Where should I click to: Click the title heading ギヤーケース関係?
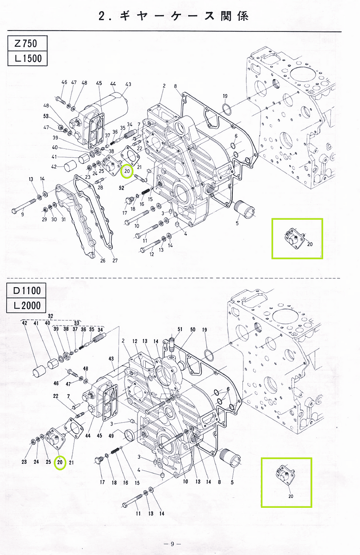[174, 16]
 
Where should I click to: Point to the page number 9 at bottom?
[172, 544]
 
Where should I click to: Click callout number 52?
[122, 188]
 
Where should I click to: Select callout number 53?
[46, 116]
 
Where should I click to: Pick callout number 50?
[192, 330]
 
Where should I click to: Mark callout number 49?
[111, 436]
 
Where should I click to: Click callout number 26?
[103, 260]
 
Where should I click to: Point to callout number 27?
[115, 260]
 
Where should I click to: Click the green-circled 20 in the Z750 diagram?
[126, 172]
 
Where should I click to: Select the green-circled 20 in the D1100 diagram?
[60, 462]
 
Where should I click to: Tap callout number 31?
[63, 219]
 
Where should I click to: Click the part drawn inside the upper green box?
[294, 238]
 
